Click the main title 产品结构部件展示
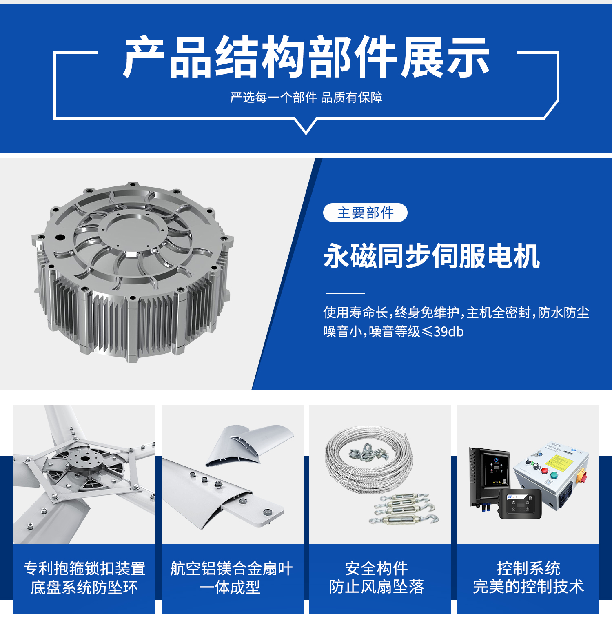[306, 57]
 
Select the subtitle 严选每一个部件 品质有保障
[306, 98]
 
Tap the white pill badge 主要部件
[365, 213]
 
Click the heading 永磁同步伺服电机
[432, 256]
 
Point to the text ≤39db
[442, 332]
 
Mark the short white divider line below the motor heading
[346, 293]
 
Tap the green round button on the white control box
[554, 475]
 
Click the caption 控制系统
[528, 568]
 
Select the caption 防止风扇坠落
[377, 587]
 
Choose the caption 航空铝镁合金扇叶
[231, 568]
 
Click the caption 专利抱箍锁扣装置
[84, 568]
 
